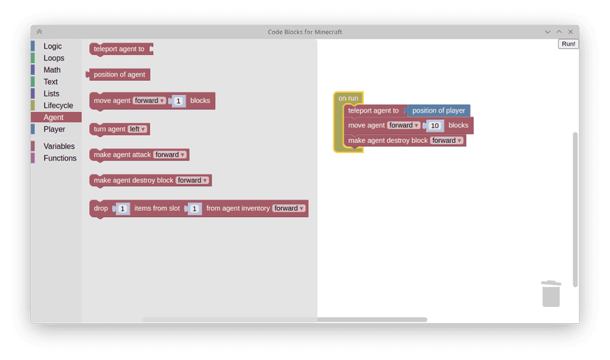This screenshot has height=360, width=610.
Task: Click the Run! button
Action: click(x=568, y=44)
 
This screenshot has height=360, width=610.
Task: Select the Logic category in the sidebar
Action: click(x=53, y=46)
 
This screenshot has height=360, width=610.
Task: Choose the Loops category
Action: click(x=54, y=58)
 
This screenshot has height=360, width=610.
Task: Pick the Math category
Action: click(x=52, y=70)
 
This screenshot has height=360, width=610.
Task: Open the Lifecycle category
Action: click(x=58, y=105)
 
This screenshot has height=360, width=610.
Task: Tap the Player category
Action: click(x=55, y=129)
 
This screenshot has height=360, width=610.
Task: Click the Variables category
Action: click(x=59, y=146)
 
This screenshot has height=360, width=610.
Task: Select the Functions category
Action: click(x=60, y=158)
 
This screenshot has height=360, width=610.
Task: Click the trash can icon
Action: click(x=551, y=293)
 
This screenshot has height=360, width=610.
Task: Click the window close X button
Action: click(x=569, y=32)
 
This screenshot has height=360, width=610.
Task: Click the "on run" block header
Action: click(x=348, y=98)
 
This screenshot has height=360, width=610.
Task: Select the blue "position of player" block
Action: click(x=438, y=110)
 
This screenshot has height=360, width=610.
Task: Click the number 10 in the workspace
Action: click(x=435, y=125)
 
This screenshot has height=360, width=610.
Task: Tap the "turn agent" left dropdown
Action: click(x=138, y=129)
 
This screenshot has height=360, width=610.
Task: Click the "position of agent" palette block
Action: click(x=119, y=74)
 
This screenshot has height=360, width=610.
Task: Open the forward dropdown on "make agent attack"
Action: click(x=170, y=155)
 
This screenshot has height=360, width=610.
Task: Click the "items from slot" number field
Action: click(x=194, y=208)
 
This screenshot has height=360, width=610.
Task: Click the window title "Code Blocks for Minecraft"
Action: click(x=304, y=32)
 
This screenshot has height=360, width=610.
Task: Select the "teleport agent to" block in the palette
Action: click(x=119, y=49)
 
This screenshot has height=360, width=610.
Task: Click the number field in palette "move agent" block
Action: click(x=179, y=101)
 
